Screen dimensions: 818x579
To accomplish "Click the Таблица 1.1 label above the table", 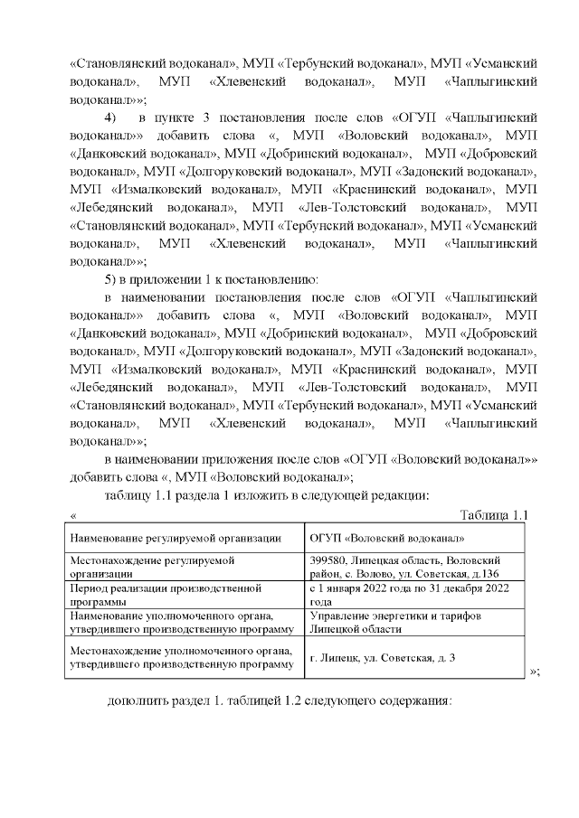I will click(493, 515).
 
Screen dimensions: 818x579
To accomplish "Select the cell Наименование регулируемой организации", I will click(176, 538).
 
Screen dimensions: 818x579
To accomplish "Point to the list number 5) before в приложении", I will click(111, 277).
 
